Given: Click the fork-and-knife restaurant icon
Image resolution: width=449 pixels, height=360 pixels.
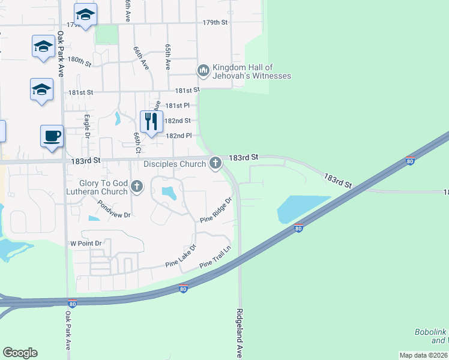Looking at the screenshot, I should pos(151,121).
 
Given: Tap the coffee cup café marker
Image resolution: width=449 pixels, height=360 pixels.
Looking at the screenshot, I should pos(52,135).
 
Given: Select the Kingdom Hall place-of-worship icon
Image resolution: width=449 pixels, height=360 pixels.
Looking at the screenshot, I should pos(203,71).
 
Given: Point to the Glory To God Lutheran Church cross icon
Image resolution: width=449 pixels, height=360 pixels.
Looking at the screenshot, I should pos(137,186).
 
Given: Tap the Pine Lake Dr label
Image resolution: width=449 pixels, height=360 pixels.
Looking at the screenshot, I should pos(181,256).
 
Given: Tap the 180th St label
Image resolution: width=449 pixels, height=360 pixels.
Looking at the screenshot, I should pos(79,61).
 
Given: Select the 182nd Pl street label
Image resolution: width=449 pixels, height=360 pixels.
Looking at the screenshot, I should pos(178,136).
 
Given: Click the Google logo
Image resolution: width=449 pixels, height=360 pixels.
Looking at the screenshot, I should pos(20,353).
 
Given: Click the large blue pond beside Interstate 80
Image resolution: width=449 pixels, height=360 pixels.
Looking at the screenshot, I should pos(302,208).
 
